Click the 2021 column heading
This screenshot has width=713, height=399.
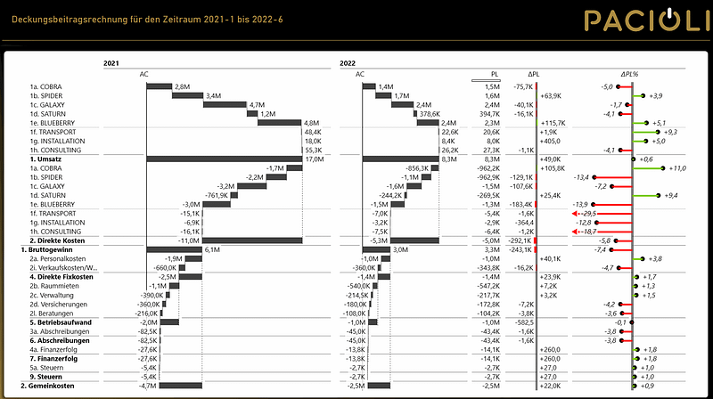pos(111,64)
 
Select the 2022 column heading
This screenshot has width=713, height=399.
pos(348,64)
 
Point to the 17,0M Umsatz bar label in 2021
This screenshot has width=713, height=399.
pos(313,159)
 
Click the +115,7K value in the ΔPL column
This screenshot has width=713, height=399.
pos(553,123)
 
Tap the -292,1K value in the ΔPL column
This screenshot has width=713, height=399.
pos(520,240)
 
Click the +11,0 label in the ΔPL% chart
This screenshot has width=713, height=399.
pos(676,168)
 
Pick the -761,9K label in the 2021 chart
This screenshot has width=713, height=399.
pos(220,195)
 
